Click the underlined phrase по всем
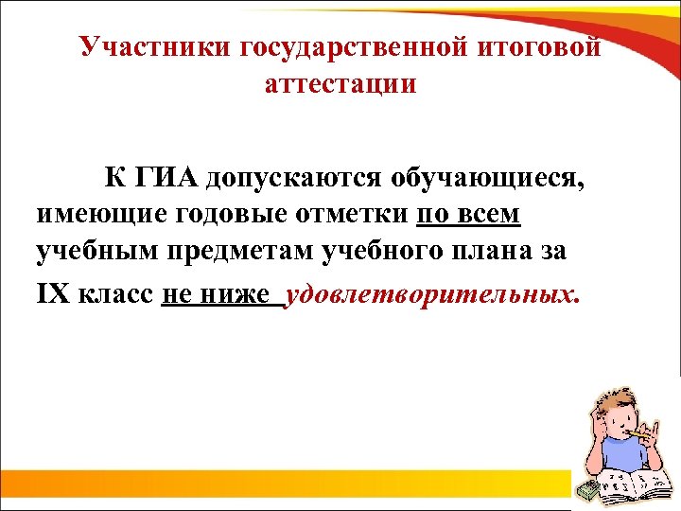[x=468, y=215]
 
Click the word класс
[x=114, y=293]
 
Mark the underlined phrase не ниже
[x=217, y=293]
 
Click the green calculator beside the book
[x=588, y=488]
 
